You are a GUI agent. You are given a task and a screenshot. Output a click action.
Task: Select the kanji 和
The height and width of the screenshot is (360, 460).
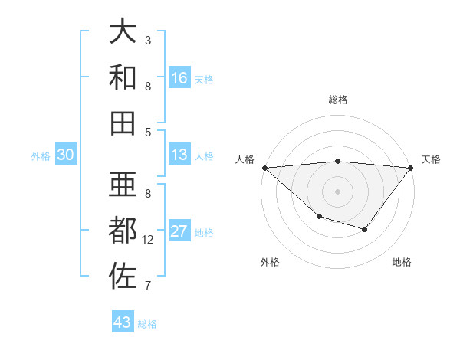click(123, 77)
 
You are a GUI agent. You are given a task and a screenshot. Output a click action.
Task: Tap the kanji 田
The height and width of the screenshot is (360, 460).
click(123, 123)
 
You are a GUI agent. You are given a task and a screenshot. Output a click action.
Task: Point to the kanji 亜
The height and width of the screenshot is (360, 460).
click(123, 185)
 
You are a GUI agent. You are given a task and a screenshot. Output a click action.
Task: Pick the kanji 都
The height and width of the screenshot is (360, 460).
click(123, 231)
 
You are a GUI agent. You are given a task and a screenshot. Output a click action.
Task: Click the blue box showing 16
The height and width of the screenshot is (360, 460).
click(179, 77)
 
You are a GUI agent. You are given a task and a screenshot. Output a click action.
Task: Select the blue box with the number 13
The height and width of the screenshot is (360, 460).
click(179, 155)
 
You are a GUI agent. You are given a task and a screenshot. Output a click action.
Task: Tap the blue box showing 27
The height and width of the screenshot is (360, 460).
click(179, 231)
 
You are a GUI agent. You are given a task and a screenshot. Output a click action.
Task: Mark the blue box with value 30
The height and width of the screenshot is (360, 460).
click(65, 155)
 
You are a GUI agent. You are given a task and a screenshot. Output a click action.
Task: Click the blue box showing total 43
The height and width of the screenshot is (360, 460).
click(123, 322)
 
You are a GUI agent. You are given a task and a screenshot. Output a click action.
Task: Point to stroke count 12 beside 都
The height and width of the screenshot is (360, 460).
click(148, 240)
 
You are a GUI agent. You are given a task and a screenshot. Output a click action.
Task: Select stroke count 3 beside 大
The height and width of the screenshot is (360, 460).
click(148, 40)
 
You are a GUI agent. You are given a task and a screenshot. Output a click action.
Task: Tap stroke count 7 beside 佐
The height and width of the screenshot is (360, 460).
click(148, 286)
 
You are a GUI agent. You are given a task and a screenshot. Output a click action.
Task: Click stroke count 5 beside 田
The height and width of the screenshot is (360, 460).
click(148, 132)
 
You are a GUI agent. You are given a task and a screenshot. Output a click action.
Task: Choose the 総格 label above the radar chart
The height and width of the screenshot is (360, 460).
click(338, 100)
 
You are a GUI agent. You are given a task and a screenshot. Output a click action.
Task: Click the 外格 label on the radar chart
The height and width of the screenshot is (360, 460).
click(270, 262)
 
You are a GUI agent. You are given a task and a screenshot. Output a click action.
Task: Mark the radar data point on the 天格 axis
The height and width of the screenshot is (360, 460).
click(411, 168)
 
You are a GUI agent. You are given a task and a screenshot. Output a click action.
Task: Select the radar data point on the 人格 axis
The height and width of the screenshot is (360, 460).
click(264, 168)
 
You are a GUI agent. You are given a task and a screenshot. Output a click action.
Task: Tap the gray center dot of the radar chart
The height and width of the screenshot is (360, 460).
click(337, 191)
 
